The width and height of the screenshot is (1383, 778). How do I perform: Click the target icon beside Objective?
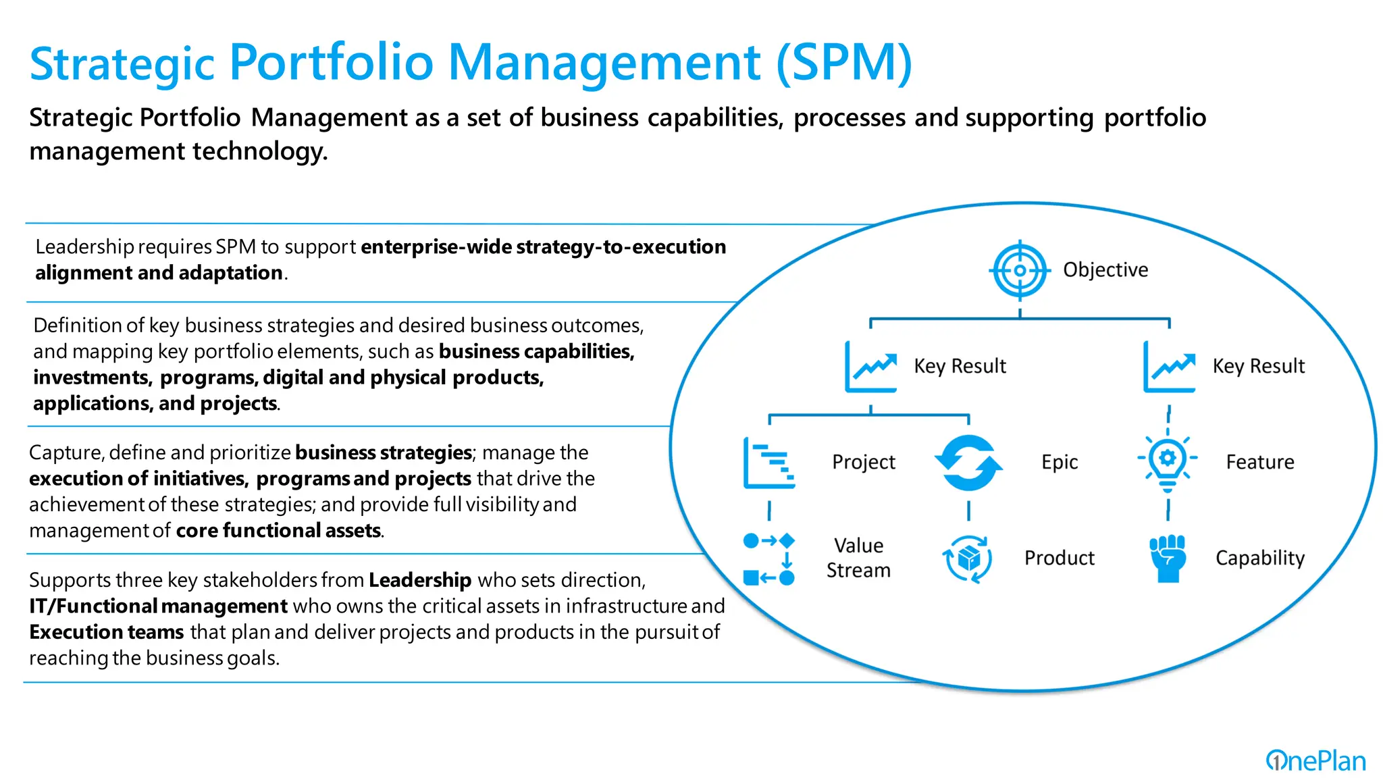pos(1020,270)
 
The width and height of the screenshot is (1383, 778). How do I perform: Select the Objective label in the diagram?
pos(1105,270)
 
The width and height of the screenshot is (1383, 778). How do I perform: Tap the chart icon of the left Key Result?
pos(871,367)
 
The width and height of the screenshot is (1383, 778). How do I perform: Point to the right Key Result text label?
pos(1259,366)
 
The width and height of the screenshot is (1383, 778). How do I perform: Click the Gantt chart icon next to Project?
pos(769,463)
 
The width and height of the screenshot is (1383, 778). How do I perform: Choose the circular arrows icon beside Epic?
pos(968,463)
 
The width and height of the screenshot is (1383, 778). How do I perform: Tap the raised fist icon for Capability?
pos(1168,558)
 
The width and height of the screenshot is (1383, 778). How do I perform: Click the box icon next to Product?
pos(968,559)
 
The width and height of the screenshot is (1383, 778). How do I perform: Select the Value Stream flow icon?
pos(769,559)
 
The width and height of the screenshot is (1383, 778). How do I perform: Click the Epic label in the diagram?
pos(1060,463)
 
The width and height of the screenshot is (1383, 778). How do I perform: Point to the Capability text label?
pos(1260,559)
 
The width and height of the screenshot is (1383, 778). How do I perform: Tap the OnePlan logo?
pos(1315,761)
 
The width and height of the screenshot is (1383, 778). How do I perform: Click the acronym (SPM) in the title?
pos(844,63)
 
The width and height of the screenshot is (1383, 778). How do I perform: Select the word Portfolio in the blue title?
pos(331,63)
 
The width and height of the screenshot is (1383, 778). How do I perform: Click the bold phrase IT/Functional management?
pos(159,606)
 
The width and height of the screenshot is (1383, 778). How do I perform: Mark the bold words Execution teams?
pos(107,632)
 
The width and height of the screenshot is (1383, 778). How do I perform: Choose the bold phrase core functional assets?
pos(278,531)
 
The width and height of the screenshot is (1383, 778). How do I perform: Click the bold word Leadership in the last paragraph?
pos(420,580)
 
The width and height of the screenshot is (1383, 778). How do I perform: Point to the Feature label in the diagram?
pos(1260,463)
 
